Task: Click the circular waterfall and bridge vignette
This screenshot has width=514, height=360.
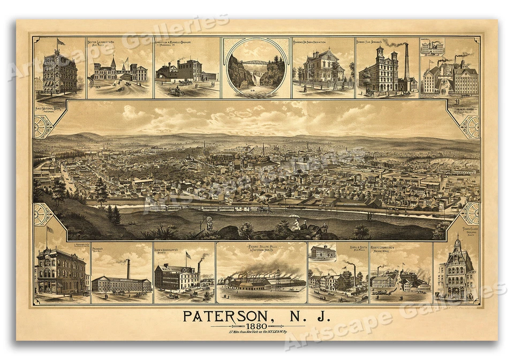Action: (256, 67)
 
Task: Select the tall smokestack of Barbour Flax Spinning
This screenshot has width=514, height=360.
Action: (406, 61)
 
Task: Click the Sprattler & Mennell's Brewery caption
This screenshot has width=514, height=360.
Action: (172, 42)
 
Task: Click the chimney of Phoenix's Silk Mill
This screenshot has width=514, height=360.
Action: (128, 269)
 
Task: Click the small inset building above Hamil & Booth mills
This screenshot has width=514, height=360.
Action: (323, 252)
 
